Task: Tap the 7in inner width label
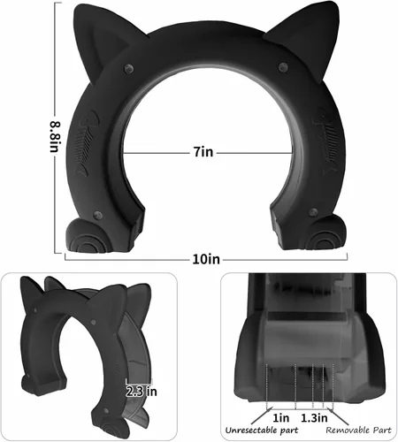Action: click(203, 152)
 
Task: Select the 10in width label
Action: click(206, 259)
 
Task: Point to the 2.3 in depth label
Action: click(142, 392)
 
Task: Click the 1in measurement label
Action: click(280, 418)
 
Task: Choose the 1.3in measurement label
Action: click(314, 418)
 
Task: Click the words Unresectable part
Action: click(262, 431)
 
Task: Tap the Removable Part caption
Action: click(358, 431)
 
